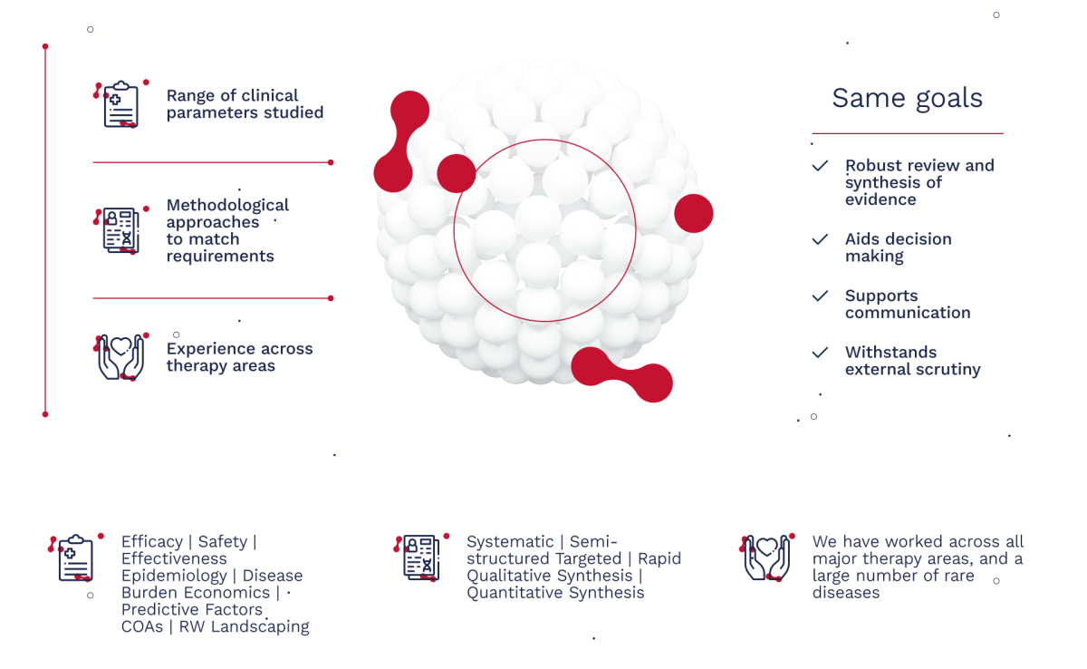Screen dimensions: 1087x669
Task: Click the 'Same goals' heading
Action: point(907,99)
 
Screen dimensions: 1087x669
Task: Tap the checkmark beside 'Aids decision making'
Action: point(820,239)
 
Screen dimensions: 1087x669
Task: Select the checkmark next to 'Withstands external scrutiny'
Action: point(820,353)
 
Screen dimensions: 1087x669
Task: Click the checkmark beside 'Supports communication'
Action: point(820,296)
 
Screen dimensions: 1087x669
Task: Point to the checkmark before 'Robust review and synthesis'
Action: point(820,166)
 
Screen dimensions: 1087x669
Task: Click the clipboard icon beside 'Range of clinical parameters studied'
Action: point(120,104)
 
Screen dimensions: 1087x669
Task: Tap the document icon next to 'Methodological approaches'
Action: point(120,230)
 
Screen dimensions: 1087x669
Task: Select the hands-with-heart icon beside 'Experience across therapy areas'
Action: point(120,357)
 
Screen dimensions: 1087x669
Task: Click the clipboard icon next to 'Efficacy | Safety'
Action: point(76,557)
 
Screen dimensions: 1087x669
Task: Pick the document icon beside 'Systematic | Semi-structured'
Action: point(421,557)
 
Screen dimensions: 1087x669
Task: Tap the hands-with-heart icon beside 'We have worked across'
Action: point(767,557)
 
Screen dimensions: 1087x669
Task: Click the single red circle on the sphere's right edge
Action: point(694,214)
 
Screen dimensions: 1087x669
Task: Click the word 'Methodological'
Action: point(227,206)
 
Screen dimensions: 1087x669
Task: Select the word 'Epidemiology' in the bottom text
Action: point(174,577)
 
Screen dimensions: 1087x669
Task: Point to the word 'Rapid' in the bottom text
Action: point(659,558)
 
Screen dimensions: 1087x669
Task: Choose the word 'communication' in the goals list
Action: point(908,313)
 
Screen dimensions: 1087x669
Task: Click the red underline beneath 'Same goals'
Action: point(908,133)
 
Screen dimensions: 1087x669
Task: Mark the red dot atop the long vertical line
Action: point(45,46)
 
